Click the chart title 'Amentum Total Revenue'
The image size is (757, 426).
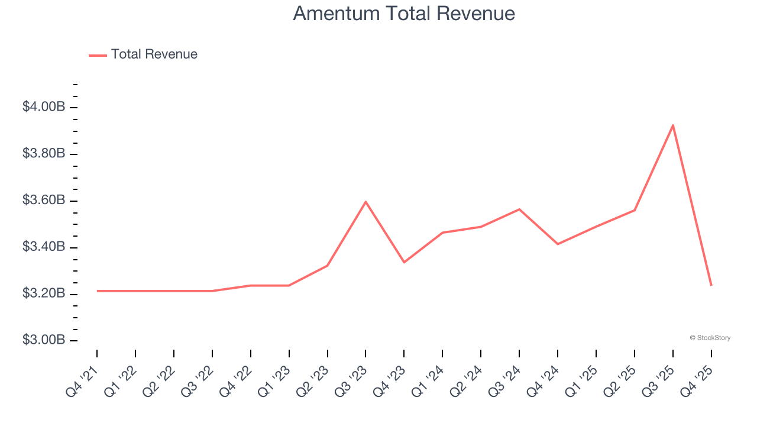(x=404, y=14)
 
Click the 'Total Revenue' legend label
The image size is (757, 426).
(x=154, y=54)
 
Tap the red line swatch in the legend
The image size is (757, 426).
(x=98, y=55)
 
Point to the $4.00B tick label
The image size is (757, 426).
(x=43, y=107)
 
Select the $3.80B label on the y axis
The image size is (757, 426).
(x=43, y=154)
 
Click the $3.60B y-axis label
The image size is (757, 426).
(x=43, y=201)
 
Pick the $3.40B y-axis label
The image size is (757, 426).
(x=43, y=247)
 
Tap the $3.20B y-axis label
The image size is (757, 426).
(x=43, y=293)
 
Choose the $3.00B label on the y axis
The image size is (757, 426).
(x=43, y=340)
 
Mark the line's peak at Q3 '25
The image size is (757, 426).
(x=672, y=125)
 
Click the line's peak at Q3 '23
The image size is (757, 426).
(x=365, y=202)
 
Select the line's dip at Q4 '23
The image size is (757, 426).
(x=404, y=262)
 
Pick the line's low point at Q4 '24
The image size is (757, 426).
(x=558, y=244)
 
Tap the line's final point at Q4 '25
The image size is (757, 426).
(x=711, y=285)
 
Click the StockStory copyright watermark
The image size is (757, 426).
(x=710, y=338)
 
